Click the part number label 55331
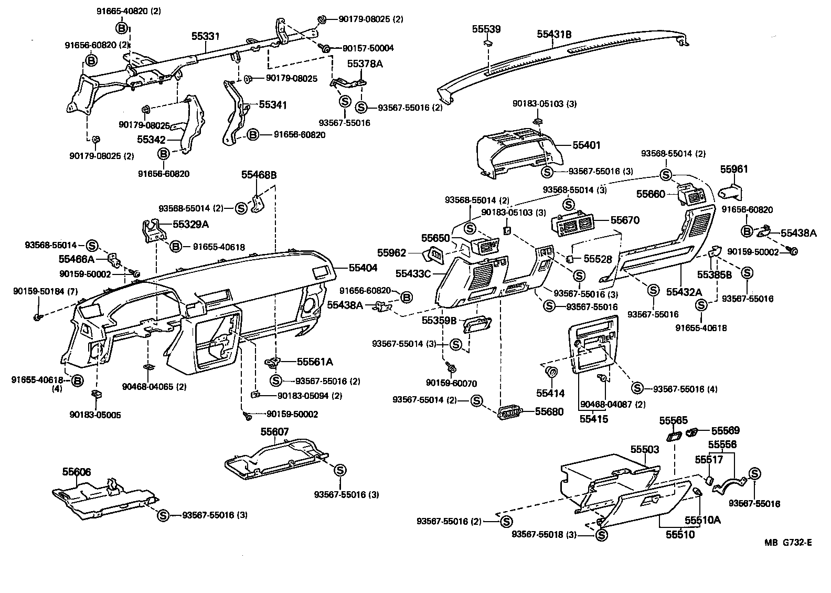click(206, 36)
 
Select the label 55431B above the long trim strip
click(554, 34)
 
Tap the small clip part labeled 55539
click(488, 44)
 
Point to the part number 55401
click(586, 145)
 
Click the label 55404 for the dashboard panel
click(363, 268)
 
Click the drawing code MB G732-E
click(788, 543)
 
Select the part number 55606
click(77, 472)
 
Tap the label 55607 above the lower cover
click(274, 431)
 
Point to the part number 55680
click(549, 411)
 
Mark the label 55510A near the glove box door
click(702, 520)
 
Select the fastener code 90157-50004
click(368, 48)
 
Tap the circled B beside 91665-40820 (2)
click(121, 28)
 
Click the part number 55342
click(151, 140)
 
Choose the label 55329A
click(190, 224)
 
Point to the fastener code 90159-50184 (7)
click(46, 291)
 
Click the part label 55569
click(725, 430)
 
